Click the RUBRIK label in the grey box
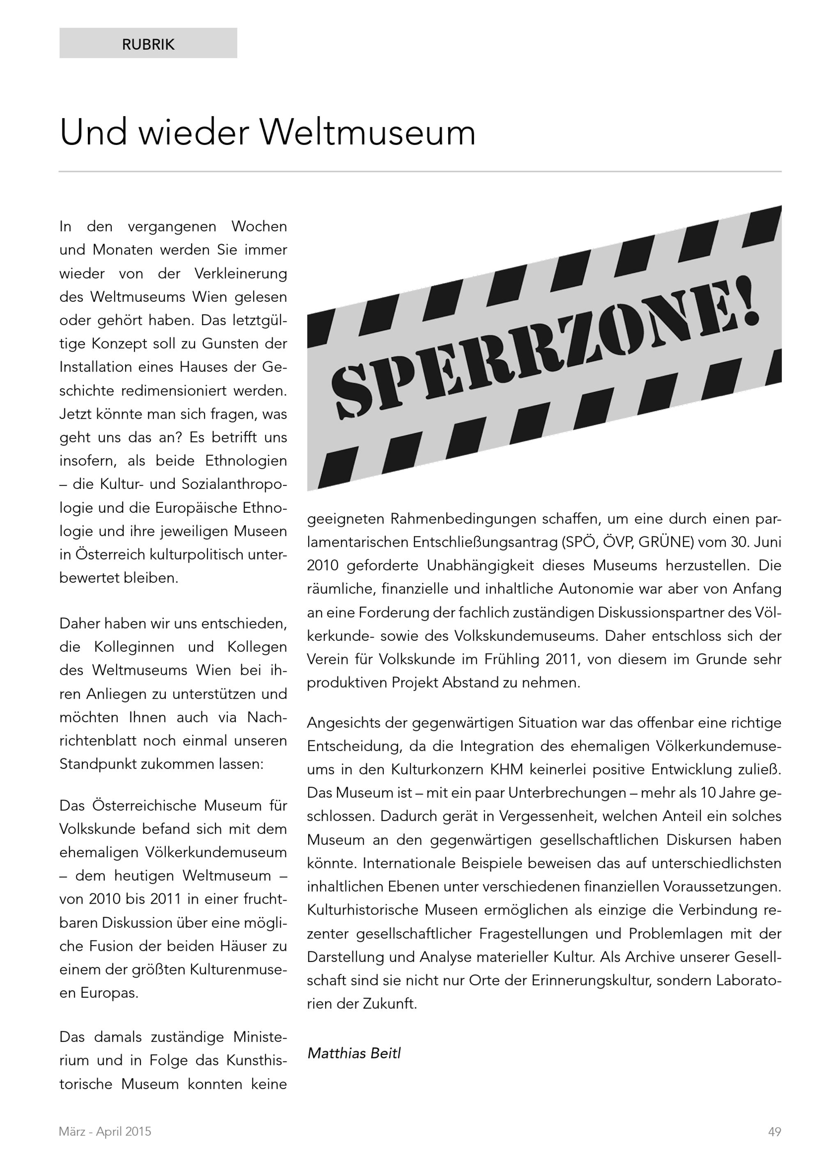pos(148,44)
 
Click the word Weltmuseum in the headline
pos(367,133)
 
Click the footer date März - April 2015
pos(105,1132)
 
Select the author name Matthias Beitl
pos(354,1053)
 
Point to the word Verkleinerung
pos(241,273)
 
